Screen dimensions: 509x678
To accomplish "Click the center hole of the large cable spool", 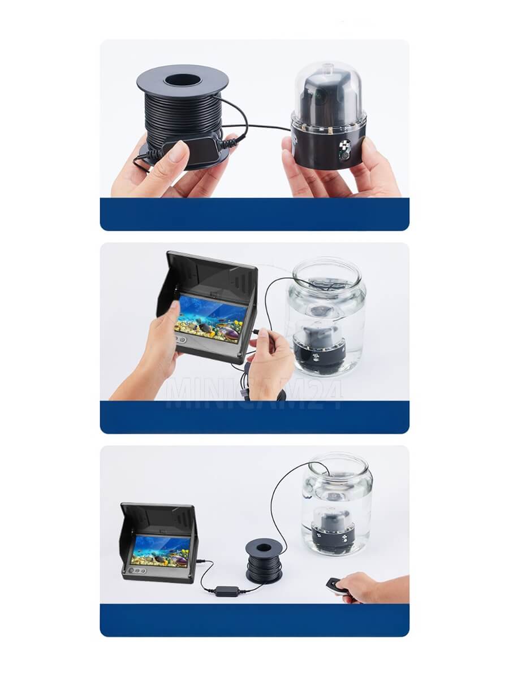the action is [x=182, y=80].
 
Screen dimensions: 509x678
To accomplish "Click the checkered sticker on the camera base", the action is [x=344, y=145].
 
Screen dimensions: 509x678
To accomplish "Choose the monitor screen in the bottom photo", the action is [x=161, y=551].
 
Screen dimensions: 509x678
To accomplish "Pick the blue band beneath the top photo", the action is [x=255, y=214].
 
